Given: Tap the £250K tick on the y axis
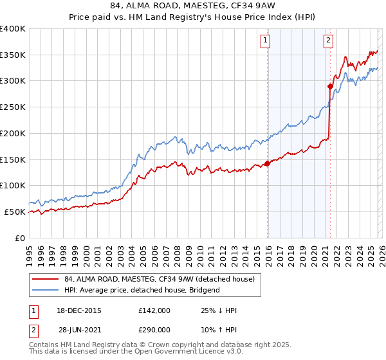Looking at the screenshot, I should (13, 107).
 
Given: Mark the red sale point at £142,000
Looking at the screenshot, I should (267, 163).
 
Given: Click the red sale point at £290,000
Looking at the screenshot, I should (330, 86).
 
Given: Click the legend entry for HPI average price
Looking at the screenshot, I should (142, 290).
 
